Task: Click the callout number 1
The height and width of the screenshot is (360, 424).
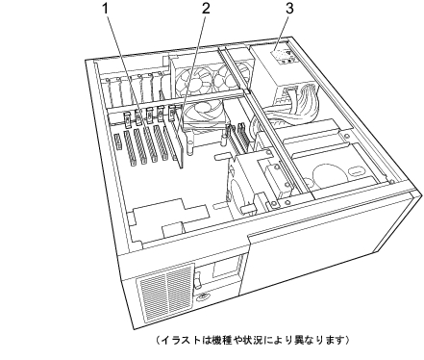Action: (106, 9)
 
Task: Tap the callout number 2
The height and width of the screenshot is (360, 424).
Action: (206, 9)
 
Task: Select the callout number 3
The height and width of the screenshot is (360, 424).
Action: (289, 9)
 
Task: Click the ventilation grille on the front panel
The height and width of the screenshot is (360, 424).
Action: (166, 292)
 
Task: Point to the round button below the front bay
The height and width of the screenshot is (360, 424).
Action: (204, 297)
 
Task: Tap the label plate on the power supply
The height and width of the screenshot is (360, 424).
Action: (282, 57)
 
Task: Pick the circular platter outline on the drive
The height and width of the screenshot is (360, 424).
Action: (330, 175)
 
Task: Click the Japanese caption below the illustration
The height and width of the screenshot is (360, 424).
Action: (252, 340)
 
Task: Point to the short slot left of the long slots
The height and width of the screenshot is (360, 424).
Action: (117, 141)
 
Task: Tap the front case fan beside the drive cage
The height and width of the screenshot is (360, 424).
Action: (237, 190)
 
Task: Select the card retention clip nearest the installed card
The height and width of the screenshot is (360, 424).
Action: (172, 113)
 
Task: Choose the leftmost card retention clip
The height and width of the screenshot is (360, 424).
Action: (128, 119)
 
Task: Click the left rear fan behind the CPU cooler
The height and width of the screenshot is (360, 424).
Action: (192, 79)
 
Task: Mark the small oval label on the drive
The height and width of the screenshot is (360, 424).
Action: (356, 170)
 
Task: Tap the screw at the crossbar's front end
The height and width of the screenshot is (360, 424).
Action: (287, 202)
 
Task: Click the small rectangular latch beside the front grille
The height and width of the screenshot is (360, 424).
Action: (199, 276)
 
